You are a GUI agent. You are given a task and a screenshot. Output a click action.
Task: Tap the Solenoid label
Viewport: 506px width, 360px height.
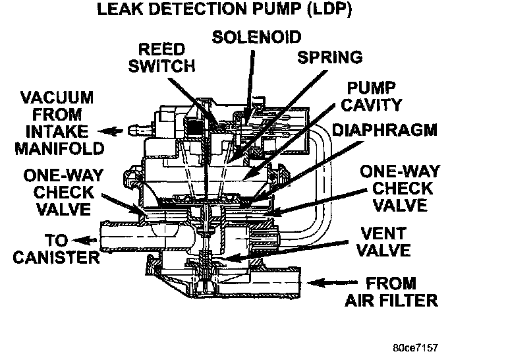257,36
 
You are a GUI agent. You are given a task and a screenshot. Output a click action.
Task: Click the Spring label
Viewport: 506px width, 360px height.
330,57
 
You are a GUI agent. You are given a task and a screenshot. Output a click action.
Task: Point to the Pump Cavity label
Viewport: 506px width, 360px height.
373,96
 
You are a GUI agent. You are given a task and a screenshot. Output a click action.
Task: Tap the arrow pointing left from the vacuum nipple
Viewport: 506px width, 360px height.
115,131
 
